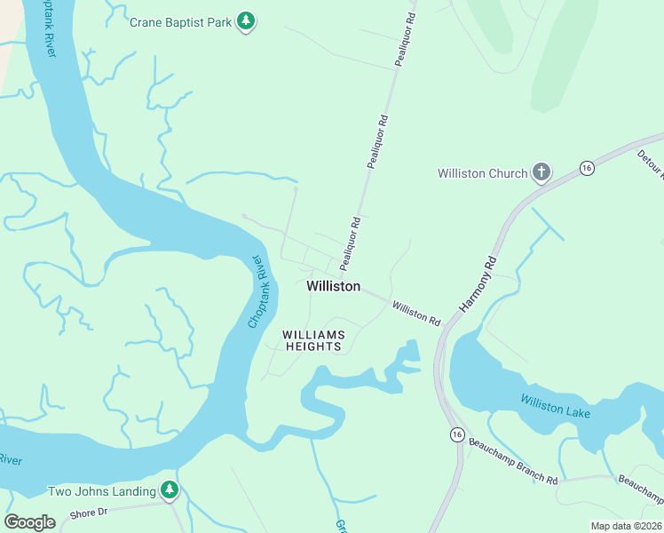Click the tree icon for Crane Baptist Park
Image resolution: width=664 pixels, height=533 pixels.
(x=247, y=22)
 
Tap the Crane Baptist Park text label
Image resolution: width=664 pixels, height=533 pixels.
(x=181, y=21)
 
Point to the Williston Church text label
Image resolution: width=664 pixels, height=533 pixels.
(x=482, y=173)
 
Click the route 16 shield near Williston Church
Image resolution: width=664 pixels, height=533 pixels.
(x=586, y=168)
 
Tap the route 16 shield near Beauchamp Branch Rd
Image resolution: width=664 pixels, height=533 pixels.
(x=456, y=434)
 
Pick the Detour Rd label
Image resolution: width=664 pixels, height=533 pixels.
(x=650, y=163)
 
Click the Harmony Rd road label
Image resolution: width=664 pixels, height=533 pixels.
(x=478, y=283)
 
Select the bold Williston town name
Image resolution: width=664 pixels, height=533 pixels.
(x=334, y=286)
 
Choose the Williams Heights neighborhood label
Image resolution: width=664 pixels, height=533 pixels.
(x=312, y=340)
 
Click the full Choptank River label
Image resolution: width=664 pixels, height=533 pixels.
(x=257, y=291)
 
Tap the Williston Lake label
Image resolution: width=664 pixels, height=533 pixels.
(x=555, y=408)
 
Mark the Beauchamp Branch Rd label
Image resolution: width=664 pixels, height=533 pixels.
(x=513, y=461)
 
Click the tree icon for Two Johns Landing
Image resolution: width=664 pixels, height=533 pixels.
(x=170, y=490)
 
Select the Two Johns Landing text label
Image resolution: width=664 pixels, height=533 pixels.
(x=101, y=491)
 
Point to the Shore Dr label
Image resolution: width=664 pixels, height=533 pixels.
(x=88, y=513)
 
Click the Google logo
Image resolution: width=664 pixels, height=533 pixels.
(x=30, y=521)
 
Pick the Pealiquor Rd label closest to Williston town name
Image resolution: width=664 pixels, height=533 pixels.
(x=350, y=243)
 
